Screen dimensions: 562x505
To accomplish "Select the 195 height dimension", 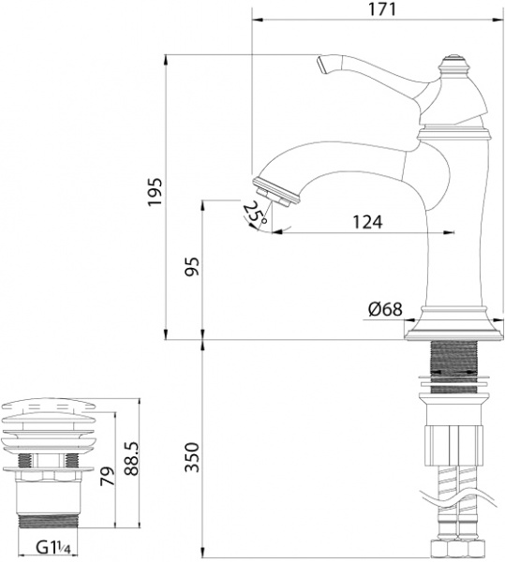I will point(156,192).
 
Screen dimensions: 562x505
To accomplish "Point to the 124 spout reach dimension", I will point(367,222).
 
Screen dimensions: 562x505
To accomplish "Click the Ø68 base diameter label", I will point(385,307).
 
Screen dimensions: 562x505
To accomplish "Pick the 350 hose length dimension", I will point(191,457).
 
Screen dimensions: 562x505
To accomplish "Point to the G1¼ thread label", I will point(54,546).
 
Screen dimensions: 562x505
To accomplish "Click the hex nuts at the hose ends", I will point(456,550).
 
